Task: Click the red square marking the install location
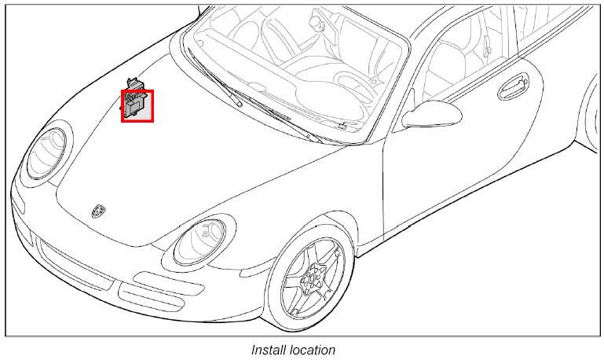click(x=137, y=105)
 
